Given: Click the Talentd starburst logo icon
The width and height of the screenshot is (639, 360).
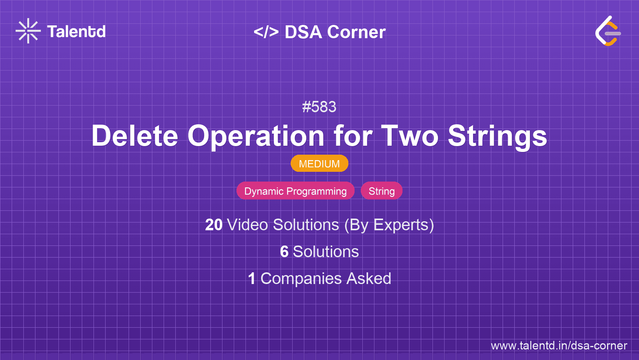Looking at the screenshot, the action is point(28,31).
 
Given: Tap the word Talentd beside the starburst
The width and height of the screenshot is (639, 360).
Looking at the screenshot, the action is point(76,32).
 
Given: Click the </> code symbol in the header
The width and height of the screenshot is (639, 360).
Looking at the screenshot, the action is point(266,32).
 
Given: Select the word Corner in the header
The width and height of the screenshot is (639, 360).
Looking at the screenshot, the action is point(356,32).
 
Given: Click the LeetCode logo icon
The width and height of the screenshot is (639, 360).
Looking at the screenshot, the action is point(608,31).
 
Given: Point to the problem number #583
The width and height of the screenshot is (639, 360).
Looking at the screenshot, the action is point(319,107).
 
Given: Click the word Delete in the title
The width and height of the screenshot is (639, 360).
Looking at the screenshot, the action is point(135,136).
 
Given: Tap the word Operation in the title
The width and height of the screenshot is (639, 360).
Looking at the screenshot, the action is point(256,137).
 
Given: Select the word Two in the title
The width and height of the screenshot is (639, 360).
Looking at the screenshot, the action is point(410,136).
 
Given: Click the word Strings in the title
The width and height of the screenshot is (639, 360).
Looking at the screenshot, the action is point(498,137).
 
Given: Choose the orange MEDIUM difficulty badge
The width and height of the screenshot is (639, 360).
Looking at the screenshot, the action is point(319,164).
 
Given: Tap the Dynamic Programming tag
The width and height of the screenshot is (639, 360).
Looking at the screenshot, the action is point(295,191).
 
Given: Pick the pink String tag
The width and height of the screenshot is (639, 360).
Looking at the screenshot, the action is point(382,191).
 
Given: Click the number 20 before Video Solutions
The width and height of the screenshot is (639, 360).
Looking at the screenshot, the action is point(214,225).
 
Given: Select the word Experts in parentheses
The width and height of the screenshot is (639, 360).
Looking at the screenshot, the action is point(401,225).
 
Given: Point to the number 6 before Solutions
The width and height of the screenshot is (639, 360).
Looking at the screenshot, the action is point(284,252).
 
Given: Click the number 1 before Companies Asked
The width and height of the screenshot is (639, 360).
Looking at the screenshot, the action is point(252,279).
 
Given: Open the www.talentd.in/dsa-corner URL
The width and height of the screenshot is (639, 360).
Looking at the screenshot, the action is point(559,346).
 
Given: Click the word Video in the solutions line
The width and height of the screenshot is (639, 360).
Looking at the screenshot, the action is point(248,225).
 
